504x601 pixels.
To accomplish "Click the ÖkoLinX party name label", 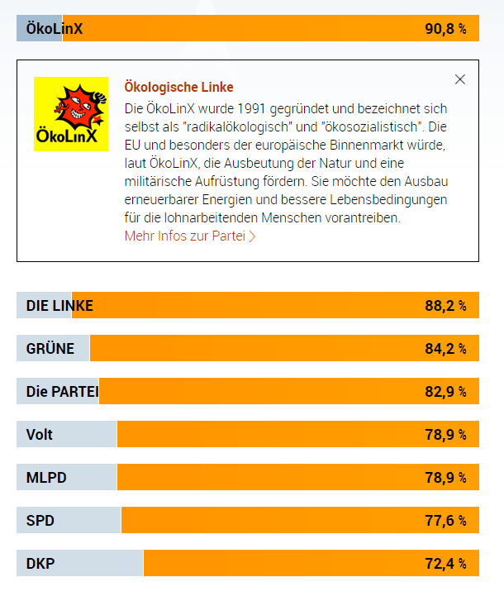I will click(x=55, y=29).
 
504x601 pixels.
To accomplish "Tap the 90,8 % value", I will click(x=445, y=29).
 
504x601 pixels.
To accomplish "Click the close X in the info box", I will click(x=460, y=79).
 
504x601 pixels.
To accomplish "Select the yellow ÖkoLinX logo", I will click(x=71, y=114).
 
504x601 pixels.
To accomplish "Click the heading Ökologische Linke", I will click(x=178, y=87).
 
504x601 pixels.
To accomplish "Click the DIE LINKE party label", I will click(x=59, y=306).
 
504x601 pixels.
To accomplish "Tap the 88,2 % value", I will click(x=445, y=306).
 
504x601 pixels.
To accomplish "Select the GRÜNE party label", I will click(x=50, y=349).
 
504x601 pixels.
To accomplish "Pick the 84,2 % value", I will click(x=445, y=349).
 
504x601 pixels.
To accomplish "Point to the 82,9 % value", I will click(x=445, y=392).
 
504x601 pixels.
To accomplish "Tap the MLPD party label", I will click(x=46, y=478).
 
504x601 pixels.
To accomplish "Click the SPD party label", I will click(x=40, y=521).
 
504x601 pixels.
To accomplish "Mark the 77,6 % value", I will click(x=445, y=521).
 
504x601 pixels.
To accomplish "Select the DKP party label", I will click(x=40, y=564).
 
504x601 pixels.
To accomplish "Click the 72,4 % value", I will click(x=445, y=564).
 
